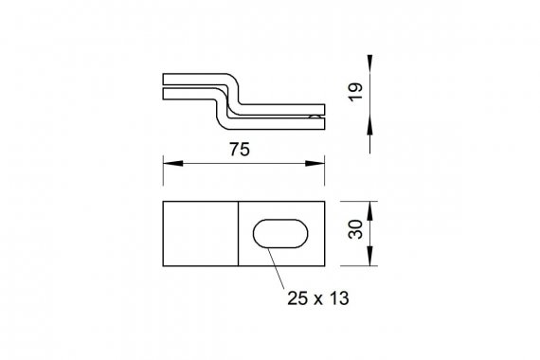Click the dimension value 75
[240, 150]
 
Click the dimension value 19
[355, 92]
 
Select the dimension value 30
[355, 229]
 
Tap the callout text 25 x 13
[318, 298]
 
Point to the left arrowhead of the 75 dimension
[172, 163]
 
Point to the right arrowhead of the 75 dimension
[315, 163]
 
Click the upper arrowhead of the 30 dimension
[369, 211]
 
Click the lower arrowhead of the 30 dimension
[369, 256]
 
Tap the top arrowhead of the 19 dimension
[369, 63]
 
